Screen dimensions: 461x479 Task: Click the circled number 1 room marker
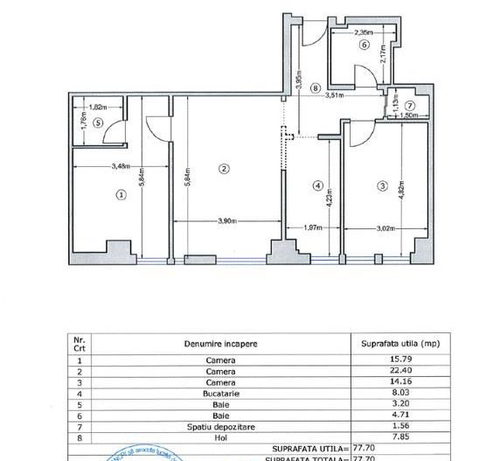(x=121, y=195)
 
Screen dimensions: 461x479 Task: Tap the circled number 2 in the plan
(x=225, y=169)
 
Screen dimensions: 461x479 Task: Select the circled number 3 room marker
(x=382, y=185)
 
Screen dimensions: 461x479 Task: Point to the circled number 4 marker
(x=318, y=185)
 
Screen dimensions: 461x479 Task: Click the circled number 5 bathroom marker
(x=99, y=122)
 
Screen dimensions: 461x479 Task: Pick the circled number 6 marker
(x=364, y=45)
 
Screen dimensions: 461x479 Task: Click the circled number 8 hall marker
(x=314, y=87)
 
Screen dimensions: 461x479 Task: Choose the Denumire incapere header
(x=220, y=344)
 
